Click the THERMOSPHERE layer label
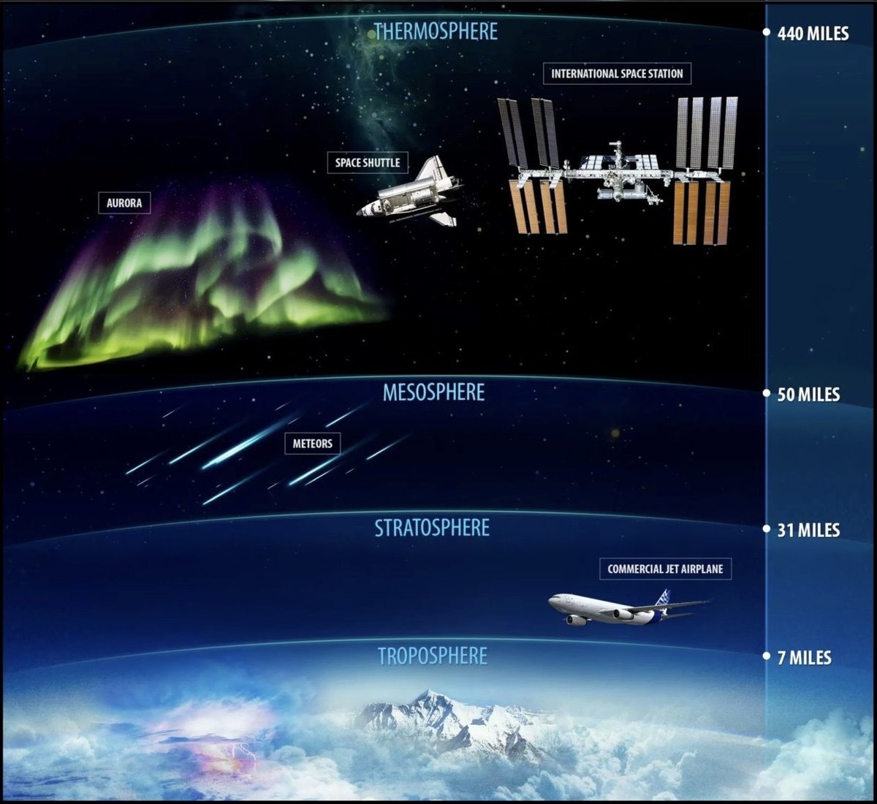tap(436, 31)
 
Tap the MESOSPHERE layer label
tap(433, 392)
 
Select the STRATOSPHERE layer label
tap(432, 527)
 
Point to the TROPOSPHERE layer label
tap(432, 656)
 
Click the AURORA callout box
tap(124, 202)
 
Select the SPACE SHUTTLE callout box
tap(368, 162)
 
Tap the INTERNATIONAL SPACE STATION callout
tap(617, 74)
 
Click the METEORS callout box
tap(313, 443)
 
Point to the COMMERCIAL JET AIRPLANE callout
tap(665, 569)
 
